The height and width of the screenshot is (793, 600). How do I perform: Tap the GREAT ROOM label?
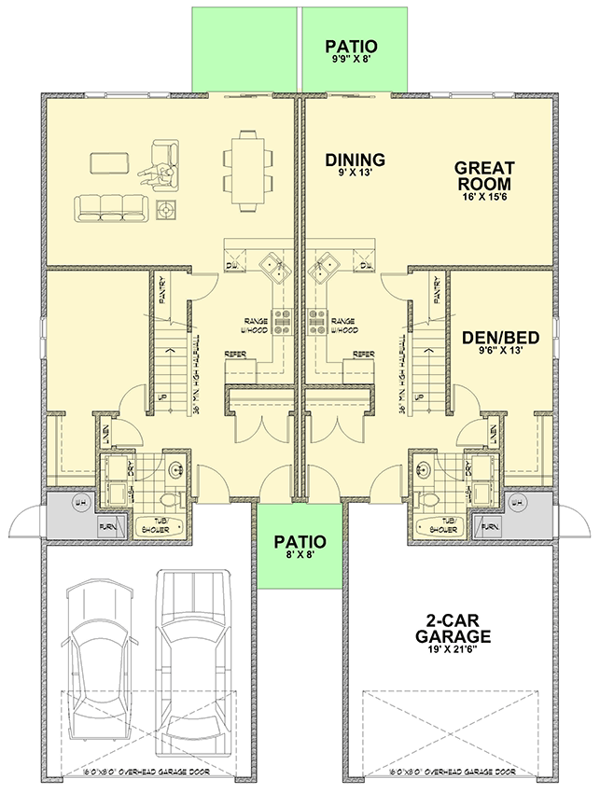(484, 176)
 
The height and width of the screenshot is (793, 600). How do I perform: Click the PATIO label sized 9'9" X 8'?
(353, 46)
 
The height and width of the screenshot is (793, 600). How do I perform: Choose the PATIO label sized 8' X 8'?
(300, 541)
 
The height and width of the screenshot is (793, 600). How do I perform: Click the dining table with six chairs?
(249, 170)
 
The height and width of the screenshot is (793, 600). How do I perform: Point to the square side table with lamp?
(168, 209)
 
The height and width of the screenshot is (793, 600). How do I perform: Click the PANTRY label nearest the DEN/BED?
(437, 291)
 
